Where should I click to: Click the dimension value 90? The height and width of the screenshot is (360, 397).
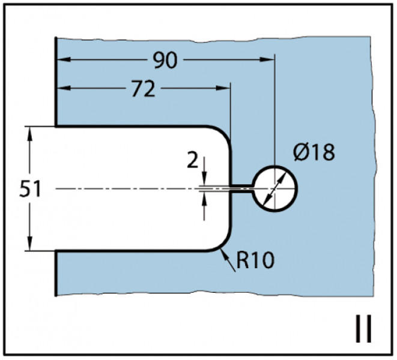click(165, 61)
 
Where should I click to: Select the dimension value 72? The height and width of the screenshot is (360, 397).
click(143, 89)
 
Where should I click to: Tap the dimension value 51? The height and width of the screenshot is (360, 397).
click(30, 190)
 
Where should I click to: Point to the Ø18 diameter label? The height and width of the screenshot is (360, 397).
click(314, 152)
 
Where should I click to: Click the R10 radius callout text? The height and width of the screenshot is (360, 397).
click(255, 260)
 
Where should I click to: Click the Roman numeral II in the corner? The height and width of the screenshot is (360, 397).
click(363, 328)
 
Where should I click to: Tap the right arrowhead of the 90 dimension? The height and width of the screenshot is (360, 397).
click(268, 60)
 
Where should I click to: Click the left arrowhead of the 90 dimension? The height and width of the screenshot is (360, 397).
click(64, 60)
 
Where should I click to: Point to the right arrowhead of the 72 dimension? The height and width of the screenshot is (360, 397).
click(223, 88)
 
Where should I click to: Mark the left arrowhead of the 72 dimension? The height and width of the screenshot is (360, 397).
click(64, 88)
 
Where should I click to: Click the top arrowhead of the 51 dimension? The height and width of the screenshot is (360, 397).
click(30, 134)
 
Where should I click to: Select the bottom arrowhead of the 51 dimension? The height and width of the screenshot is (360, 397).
click(30, 244)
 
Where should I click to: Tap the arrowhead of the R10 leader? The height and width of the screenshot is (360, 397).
click(224, 254)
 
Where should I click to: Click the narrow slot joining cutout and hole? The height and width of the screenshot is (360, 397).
click(242, 189)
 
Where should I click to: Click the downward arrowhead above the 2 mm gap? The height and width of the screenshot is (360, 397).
click(205, 179)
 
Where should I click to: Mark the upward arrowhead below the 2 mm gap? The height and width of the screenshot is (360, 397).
click(205, 199)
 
